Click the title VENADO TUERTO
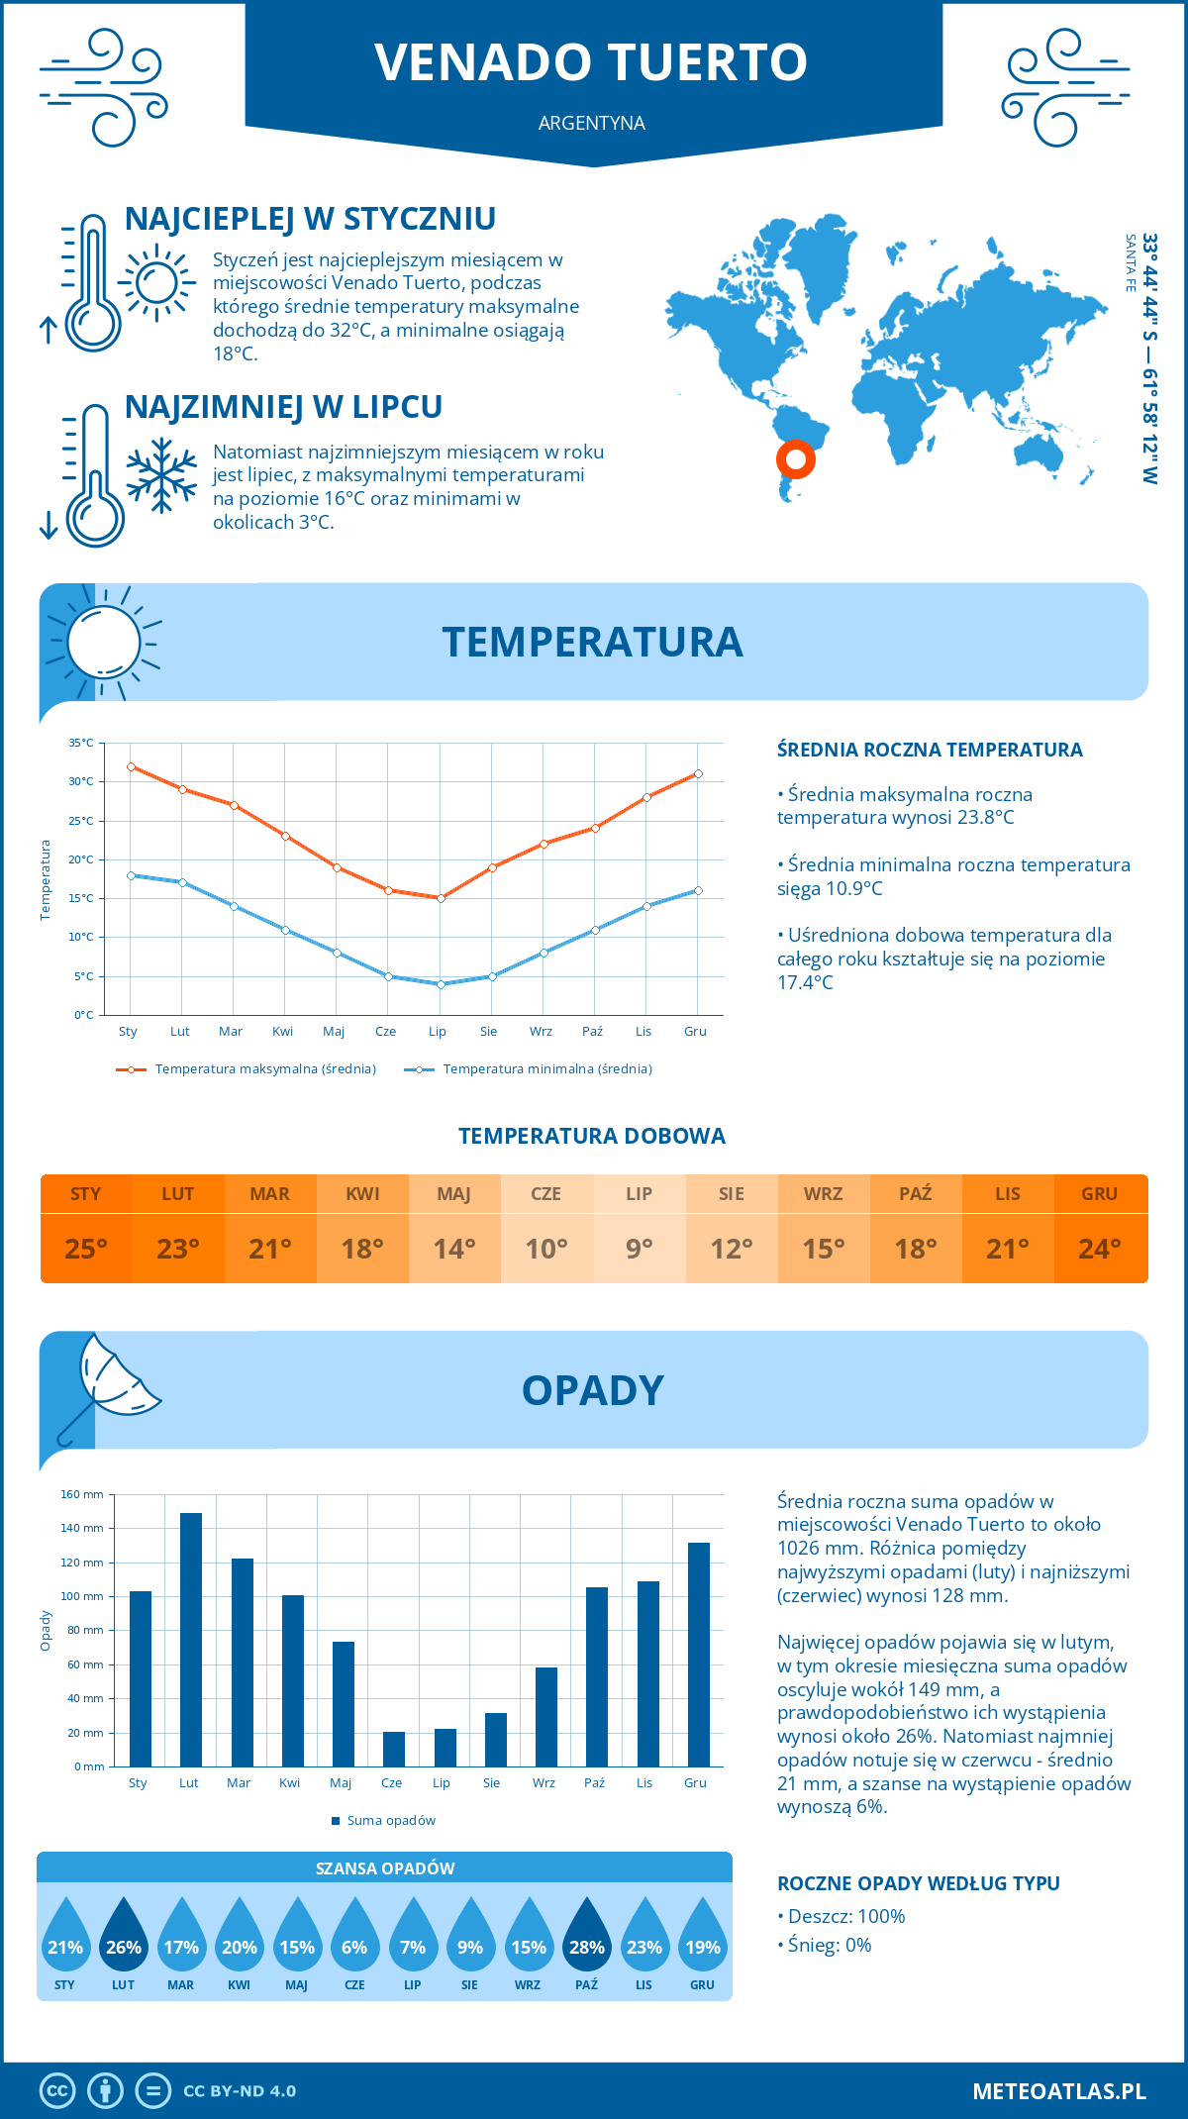[x=591, y=62]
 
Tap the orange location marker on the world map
[x=796, y=459]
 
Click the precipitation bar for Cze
[x=394, y=1749]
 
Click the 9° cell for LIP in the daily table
[x=639, y=1249]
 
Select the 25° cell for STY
[x=86, y=1249]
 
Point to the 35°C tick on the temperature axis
[x=81, y=743]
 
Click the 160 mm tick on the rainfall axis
[x=83, y=1494]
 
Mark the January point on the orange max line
[x=131, y=766]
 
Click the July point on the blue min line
[x=441, y=984]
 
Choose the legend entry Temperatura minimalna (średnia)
[x=546, y=1069]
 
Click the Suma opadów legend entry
[x=390, y=1821]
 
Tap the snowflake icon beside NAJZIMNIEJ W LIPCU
[x=161, y=475]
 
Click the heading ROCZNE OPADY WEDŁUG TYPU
[x=918, y=1883]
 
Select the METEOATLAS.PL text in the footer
[x=1058, y=2091]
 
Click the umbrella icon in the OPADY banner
[x=107, y=1384]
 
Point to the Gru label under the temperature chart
[x=695, y=1032]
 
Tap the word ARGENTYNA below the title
[x=591, y=123]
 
